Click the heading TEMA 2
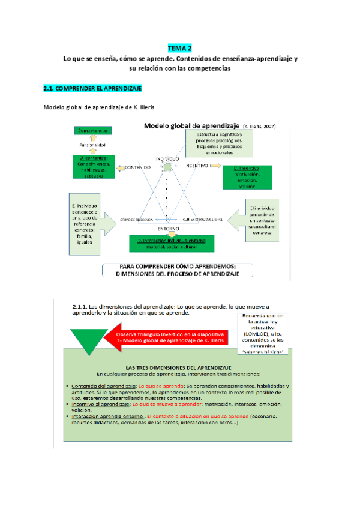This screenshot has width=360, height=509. click(x=180, y=49)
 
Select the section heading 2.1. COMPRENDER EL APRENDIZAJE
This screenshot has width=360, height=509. click(x=92, y=89)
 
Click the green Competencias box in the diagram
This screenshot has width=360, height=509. click(x=92, y=130)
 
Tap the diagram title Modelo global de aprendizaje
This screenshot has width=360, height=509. click(x=191, y=126)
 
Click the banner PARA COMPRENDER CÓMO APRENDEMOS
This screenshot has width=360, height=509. click(x=180, y=270)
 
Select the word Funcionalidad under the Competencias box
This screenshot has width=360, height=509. click(x=92, y=146)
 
